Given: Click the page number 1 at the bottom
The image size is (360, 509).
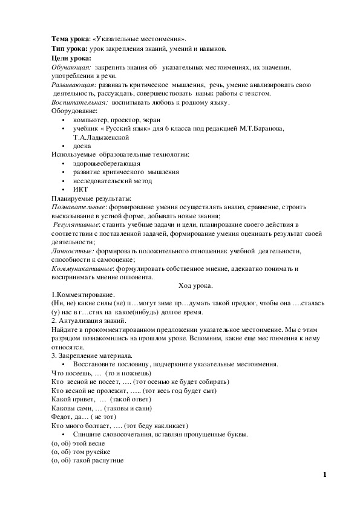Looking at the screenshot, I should pyautogui.click(x=325, y=475).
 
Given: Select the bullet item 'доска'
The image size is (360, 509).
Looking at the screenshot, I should pyautogui.click(x=82, y=146).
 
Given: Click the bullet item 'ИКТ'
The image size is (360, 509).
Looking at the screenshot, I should pyautogui.click(x=80, y=189).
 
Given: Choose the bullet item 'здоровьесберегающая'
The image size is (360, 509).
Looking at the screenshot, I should pyautogui.click(x=106, y=163).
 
